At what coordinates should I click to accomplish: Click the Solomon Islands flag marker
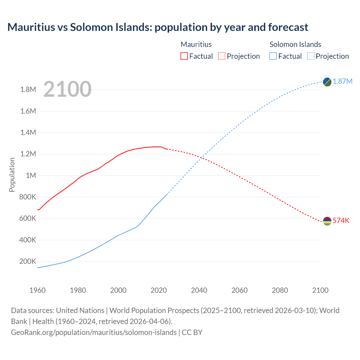pos(327,82)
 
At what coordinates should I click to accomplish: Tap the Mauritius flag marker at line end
pos(327,221)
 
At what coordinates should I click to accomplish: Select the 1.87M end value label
pos(343,82)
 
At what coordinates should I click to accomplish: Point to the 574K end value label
pos(341,221)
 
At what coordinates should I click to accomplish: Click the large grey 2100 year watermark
pos(67,89)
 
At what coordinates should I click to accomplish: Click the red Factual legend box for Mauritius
pos(184,56)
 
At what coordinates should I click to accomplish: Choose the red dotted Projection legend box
pos(222,56)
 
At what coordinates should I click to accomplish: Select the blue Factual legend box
pos(273,56)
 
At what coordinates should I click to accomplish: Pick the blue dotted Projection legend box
pos(310,56)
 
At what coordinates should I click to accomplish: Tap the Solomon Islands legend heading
pos(295,44)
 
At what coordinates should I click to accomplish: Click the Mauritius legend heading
pos(196,44)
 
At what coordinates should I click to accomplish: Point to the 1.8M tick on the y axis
pos(28,90)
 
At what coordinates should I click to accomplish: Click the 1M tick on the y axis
pos(31,176)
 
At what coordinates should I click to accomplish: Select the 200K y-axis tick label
pos(28,262)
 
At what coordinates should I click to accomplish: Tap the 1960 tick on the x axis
pos(37,290)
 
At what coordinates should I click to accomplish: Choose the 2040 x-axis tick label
pos(199,290)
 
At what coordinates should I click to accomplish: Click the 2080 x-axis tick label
pos(280,290)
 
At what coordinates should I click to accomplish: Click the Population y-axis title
pos(12,175)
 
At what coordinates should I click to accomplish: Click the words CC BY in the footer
pos(192,332)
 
